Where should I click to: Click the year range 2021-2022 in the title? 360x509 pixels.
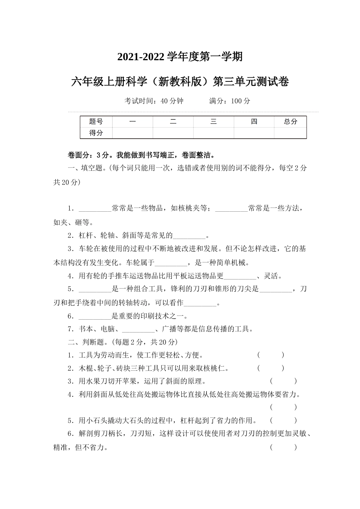[141, 57]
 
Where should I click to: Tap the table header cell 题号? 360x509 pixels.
[96, 122]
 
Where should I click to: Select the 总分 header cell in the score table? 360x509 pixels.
[290, 122]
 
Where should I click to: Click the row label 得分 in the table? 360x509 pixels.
[96, 133]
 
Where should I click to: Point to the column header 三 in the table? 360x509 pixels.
[213, 122]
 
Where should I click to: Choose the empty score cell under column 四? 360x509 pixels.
[254, 133]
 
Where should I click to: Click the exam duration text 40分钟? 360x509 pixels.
[172, 101]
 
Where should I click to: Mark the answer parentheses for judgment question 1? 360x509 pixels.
[271, 355]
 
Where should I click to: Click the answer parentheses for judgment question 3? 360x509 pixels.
[283, 381]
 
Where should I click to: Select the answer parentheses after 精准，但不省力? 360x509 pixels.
[283, 447]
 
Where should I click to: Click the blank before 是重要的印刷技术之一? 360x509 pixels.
[95, 316]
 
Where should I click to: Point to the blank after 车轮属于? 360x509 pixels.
[171, 262]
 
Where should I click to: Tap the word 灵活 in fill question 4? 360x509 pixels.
[273, 276]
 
